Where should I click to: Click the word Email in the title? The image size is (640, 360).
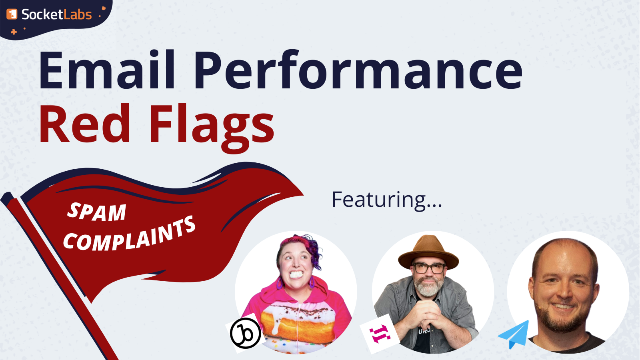[106, 70]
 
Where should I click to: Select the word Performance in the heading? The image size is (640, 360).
[358, 70]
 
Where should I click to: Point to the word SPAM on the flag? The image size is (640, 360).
[97, 212]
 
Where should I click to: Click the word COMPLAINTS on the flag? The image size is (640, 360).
[130, 234]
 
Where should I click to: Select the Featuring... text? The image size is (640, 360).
[387, 200]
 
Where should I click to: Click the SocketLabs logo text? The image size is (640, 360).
[56, 14]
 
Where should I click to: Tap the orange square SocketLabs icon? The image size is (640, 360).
[12, 14]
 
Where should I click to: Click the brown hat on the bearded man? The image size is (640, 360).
[428, 252]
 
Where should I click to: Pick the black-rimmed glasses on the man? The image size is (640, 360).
[429, 268]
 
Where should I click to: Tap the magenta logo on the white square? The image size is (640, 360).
[380, 334]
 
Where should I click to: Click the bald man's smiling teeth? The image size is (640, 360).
[563, 306]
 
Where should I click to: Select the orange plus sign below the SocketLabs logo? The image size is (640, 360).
[14, 32]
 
